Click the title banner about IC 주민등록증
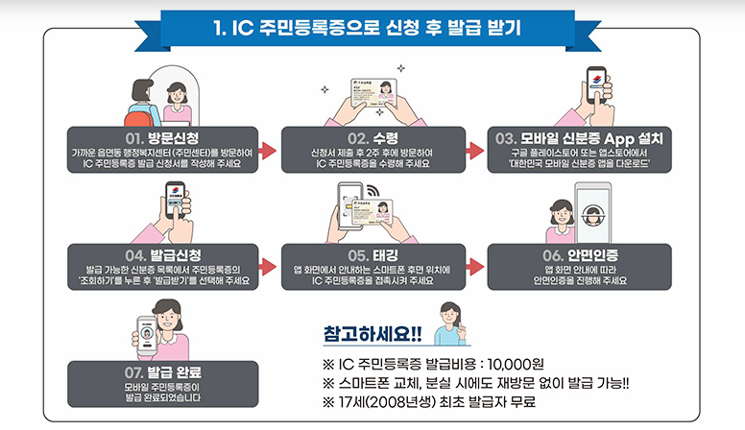[372, 27]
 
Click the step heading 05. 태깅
[372, 254]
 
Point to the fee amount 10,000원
[519, 365]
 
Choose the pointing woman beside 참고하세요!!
[449, 322]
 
